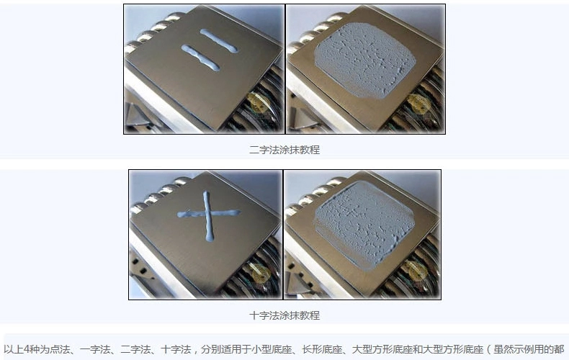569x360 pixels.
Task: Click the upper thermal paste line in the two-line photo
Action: tap(219, 40)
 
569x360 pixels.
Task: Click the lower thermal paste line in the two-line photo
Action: tap(200, 58)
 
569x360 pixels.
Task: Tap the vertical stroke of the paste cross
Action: tap(208, 216)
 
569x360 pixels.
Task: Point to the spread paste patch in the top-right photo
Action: tap(364, 60)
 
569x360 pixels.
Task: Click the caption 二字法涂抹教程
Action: tap(284, 150)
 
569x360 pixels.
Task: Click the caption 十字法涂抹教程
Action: tap(284, 315)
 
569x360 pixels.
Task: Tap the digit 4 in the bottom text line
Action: tap(27, 349)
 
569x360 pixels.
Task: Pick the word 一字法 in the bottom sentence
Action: tap(94, 349)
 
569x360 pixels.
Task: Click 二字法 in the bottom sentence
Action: tap(135, 349)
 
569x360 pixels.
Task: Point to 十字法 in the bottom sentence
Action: tap(176, 349)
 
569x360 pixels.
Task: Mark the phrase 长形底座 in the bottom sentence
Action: tap(322, 349)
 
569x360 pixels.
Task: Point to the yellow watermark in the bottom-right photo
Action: tap(416, 271)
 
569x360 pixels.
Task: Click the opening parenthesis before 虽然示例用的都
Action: tap(488, 349)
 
